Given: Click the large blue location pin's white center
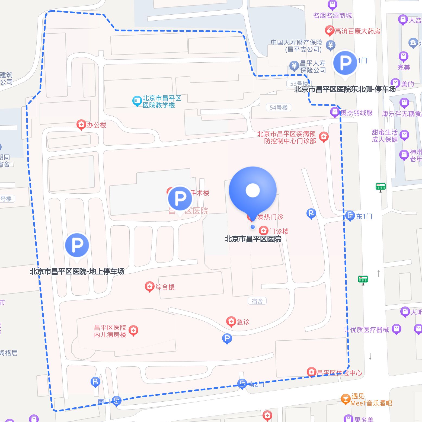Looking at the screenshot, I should point(252,190).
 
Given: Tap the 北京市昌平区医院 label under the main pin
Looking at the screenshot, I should point(252,239).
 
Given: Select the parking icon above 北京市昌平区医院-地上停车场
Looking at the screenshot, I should point(77,245).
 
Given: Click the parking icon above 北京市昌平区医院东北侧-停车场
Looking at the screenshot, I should point(345,63).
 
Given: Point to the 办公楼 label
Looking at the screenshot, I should point(96,125).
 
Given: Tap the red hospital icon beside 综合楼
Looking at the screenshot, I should point(149,287).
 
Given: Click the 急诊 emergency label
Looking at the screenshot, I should point(243,322).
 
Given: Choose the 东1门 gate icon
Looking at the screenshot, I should point(350,216).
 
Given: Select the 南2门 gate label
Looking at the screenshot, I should point(256,384).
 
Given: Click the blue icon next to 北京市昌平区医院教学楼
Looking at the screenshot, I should point(136,101).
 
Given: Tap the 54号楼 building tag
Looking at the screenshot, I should point(279,108).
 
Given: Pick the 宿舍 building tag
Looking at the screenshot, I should point(257,301).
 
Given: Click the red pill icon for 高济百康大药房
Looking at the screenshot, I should point(330,31).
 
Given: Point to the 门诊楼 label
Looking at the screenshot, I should point(279,231).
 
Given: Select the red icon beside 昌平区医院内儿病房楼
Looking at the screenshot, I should point(133,330).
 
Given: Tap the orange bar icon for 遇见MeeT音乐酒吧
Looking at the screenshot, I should point(346,399).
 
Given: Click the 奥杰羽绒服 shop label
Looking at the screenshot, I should point(356,113).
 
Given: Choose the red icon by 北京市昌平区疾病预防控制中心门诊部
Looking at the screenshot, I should point(324,137).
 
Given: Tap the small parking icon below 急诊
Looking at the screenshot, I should point(227,338).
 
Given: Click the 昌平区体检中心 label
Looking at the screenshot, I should point(339,373).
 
